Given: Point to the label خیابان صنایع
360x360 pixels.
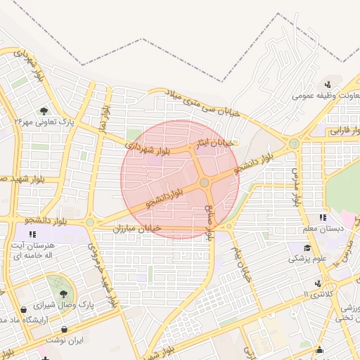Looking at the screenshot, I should point(211,220).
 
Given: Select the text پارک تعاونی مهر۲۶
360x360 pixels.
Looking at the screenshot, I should point(43,122).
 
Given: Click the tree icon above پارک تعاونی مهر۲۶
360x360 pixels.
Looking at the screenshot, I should point(44,110).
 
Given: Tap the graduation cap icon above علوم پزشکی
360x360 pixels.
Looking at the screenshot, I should point(307,247).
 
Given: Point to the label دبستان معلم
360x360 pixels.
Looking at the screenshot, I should point(321,229).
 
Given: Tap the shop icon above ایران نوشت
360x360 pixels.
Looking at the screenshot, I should point(65,329).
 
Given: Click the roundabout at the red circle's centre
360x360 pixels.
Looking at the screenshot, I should point(204,182).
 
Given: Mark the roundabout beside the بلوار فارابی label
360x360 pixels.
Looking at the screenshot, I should point(294,143).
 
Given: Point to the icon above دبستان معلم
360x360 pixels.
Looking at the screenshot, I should point(323,217).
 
